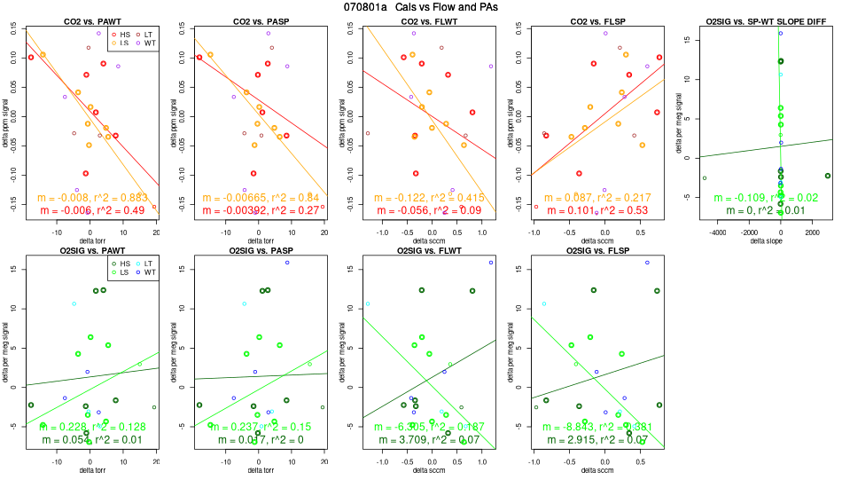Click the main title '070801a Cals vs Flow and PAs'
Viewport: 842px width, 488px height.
pyautogui.click(x=422, y=7)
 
